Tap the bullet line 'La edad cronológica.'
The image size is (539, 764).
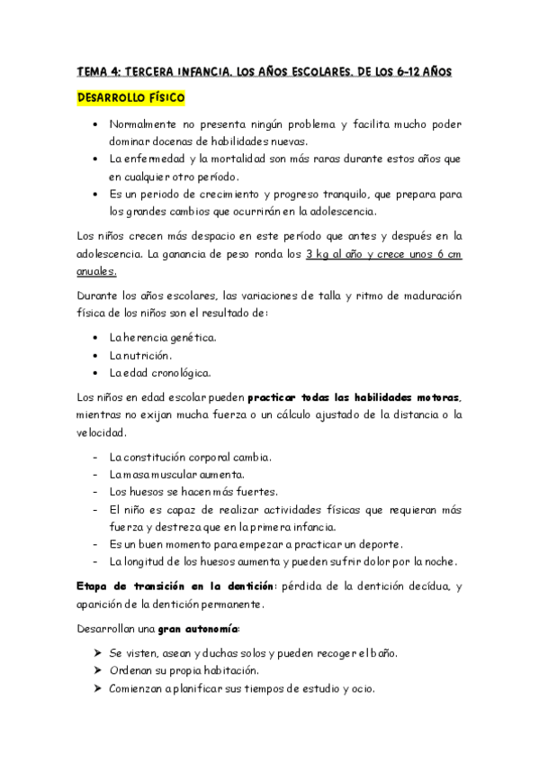[159, 373]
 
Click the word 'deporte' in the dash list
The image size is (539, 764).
[377, 544]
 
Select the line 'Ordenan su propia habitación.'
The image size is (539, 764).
[184, 670]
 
